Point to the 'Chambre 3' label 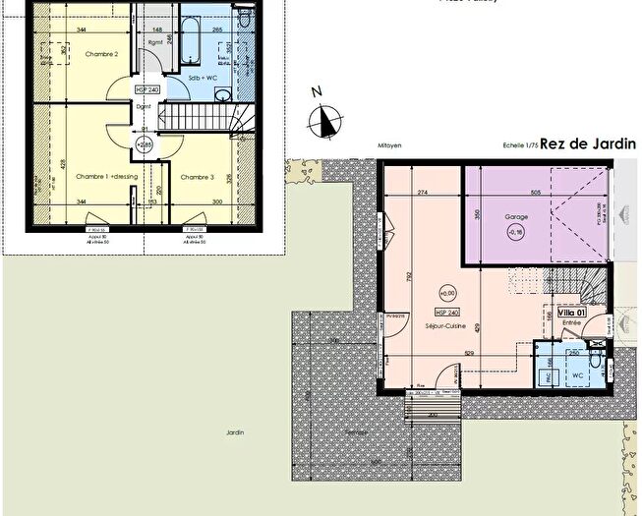(x=197, y=177)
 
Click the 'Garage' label (x=517, y=216)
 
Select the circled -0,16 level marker (x=517, y=232)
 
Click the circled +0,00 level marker (x=449, y=292)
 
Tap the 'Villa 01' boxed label (x=571, y=313)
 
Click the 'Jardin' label (x=232, y=431)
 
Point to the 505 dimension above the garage (x=535, y=193)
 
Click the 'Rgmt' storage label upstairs (x=155, y=43)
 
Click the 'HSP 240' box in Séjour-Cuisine (x=448, y=313)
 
